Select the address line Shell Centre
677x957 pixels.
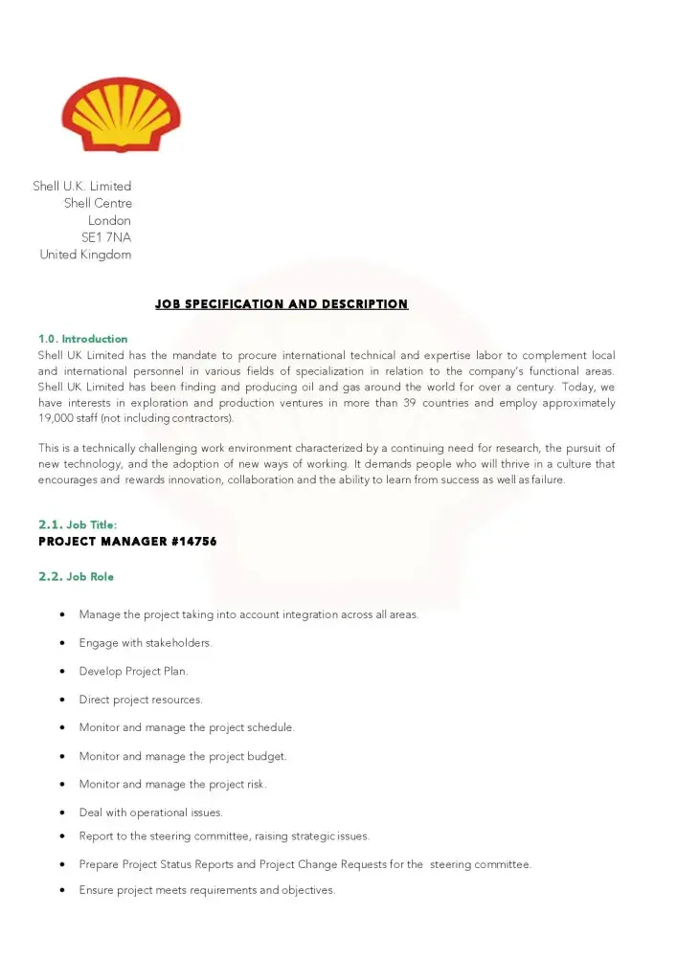pyautogui.click(x=98, y=203)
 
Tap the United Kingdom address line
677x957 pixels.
pyautogui.click(x=85, y=255)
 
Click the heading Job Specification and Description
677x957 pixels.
pyautogui.click(x=282, y=304)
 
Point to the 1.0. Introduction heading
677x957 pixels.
pyautogui.click(x=82, y=339)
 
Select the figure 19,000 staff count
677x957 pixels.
pyautogui.click(x=55, y=418)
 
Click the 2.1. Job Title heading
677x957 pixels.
pyautogui.click(x=78, y=525)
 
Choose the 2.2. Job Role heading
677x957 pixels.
pyautogui.click(x=76, y=577)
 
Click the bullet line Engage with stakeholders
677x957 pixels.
pyautogui.click(x=145, y=643)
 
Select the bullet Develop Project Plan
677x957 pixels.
pyautogui.click(x=133, y=671)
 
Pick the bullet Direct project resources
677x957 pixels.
pyautogui.click(x=141, y=700)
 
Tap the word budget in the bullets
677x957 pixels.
pyautogui.click(x=267, y=756)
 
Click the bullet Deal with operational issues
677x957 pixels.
pyautogui.click(x=150, y=812)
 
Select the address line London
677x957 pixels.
pyautogui.click(x=109, y=220)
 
